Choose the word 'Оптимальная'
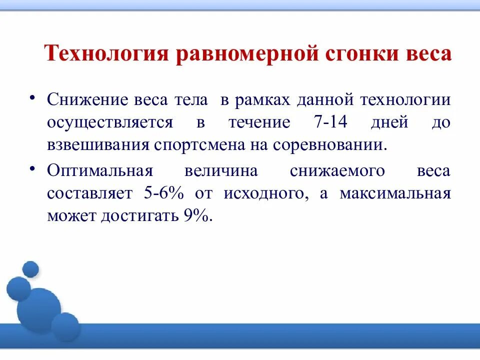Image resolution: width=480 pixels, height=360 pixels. coord(99,170)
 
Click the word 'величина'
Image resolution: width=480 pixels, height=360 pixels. coord(221,170)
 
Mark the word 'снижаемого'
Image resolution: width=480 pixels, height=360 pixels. coord(337,170)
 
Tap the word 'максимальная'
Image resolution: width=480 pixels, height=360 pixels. coord(395,193)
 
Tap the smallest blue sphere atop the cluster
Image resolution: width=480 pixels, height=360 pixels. coord(30,269)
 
